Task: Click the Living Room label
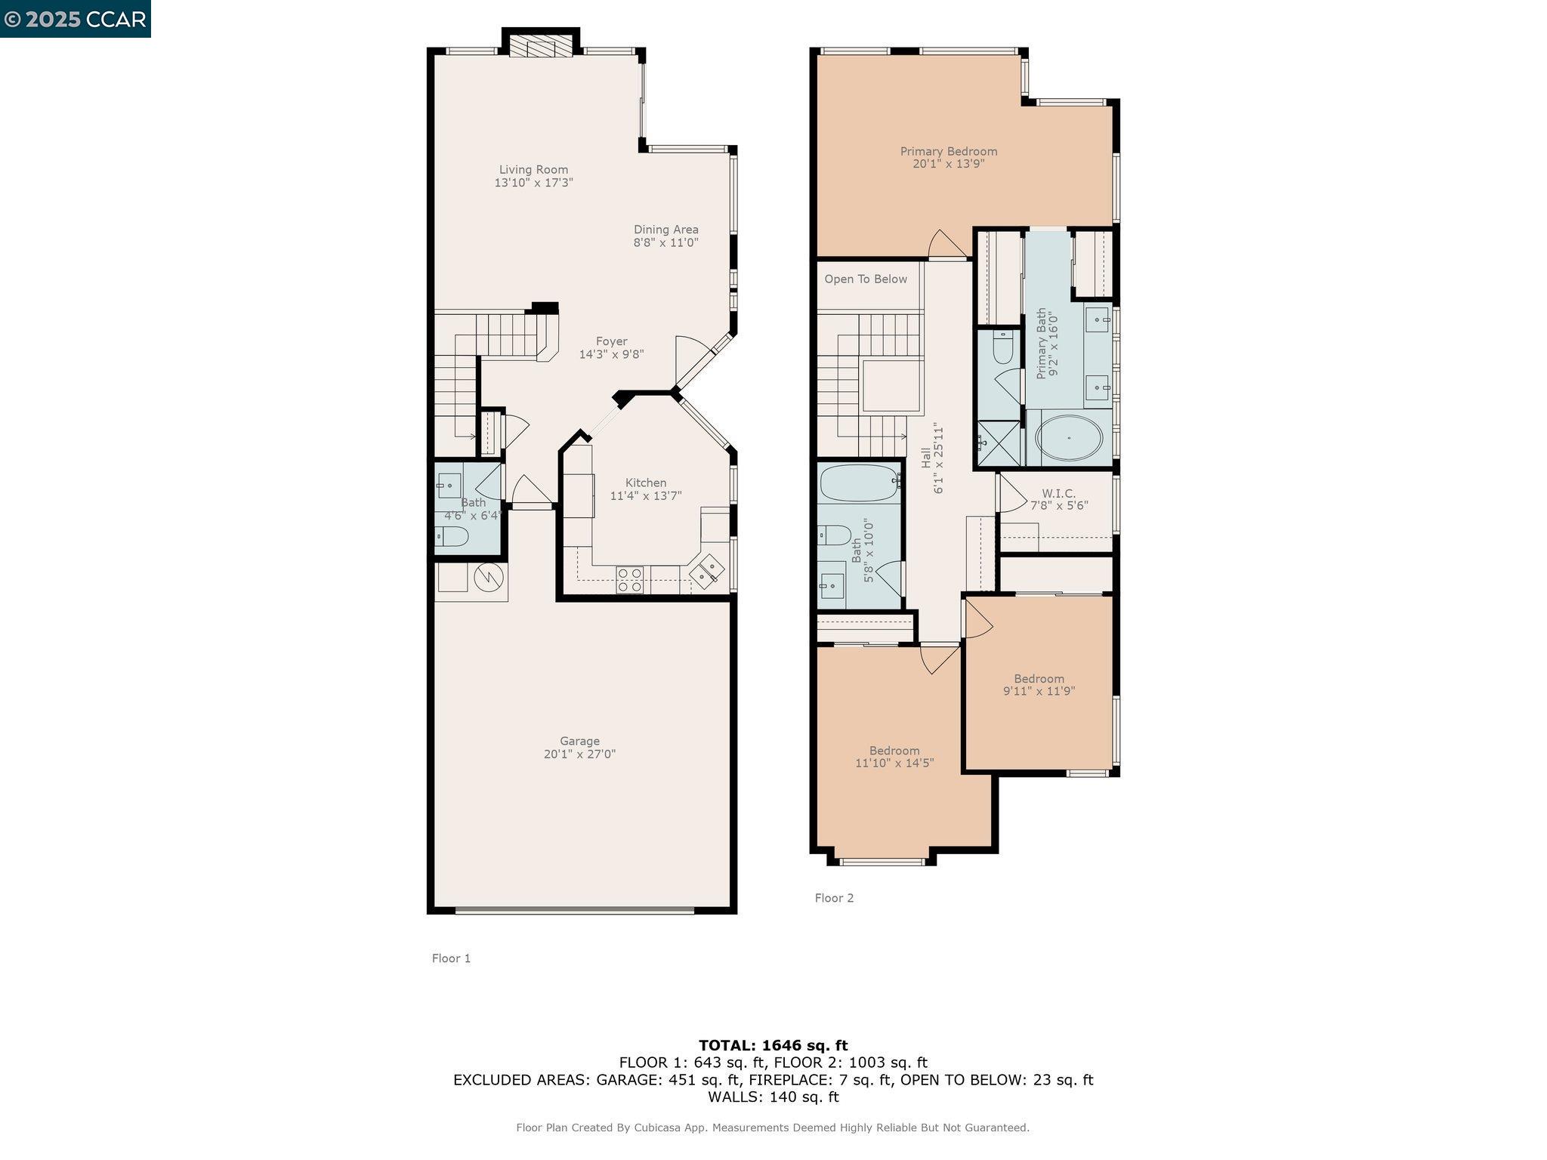tap(533, 170)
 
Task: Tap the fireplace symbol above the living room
tap(541, 47)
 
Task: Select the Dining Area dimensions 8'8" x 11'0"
tap(665, 242)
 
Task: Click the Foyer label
tap(611, 341)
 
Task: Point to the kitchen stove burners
tap(629, 580)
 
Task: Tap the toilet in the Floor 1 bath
tap(452, 537)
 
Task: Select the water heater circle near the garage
tap(489, 578)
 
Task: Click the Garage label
tap(579, 741)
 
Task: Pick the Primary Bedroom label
tap(949, 151)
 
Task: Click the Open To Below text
tap(866, 279)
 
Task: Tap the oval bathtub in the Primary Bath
tap(1068, 437)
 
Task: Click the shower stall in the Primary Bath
tap(999, 443)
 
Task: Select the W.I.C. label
tap(1058, 493)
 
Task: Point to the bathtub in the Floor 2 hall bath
tap(859, 483)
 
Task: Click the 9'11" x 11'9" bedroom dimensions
tap(1039, 691)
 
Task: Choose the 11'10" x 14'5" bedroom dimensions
tap(894, 763)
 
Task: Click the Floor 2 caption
tap(834, 898)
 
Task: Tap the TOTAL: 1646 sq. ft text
tap(773, 1045)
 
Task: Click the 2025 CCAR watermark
tap(75, 19)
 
